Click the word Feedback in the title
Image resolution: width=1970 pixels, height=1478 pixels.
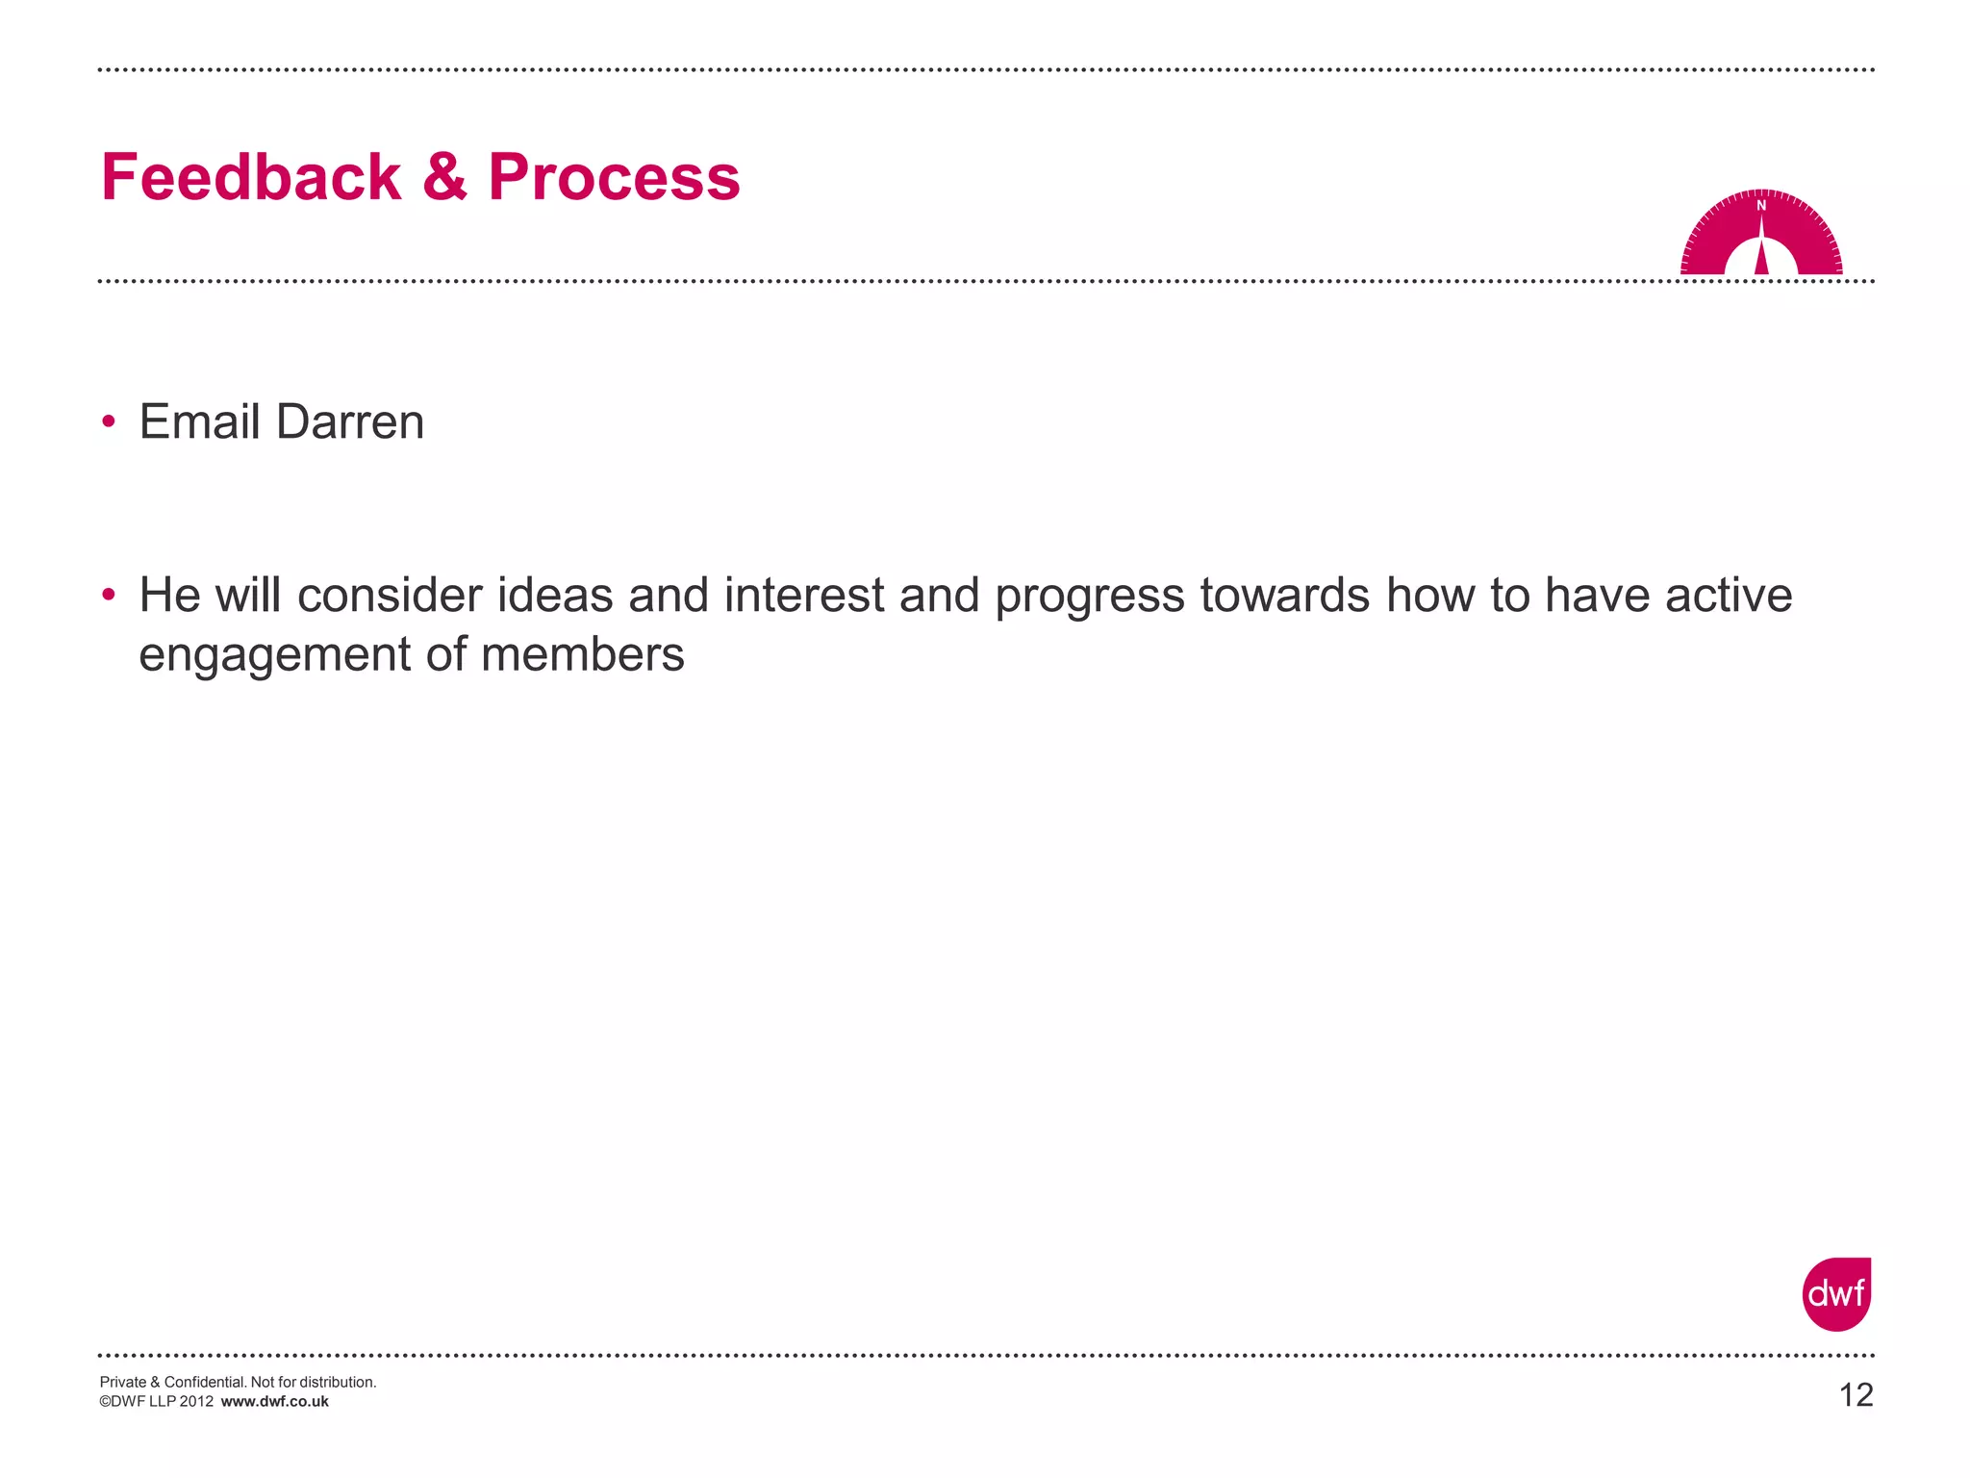[x=251, y=178]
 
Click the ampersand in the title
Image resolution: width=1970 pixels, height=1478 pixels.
[x=444, y=178]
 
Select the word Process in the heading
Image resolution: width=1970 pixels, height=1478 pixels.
[x=614, y=178]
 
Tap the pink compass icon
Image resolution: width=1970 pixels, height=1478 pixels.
[x=1761, y=235]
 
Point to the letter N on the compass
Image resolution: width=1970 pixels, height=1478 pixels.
[x=1761, y=206]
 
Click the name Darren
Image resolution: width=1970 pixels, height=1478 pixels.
[x=349, y=422]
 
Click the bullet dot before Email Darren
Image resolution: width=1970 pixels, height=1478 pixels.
[x=109, y=422]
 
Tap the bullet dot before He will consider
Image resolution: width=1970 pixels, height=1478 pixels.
[x=109, y=595]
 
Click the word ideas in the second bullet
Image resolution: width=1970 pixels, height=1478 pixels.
[x=555, y=595]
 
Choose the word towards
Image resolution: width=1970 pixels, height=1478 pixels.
[x=1284, y=595]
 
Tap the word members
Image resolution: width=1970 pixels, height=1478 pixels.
[x=583, y=654]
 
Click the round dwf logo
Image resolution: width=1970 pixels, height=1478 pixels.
[x=1836, y=1294]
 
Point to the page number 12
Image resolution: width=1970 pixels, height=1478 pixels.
[x=1856, y=1395]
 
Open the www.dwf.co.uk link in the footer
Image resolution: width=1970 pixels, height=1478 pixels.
[x=274, y=1402]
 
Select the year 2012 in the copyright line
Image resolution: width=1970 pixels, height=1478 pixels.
[x=196, y=1402]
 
